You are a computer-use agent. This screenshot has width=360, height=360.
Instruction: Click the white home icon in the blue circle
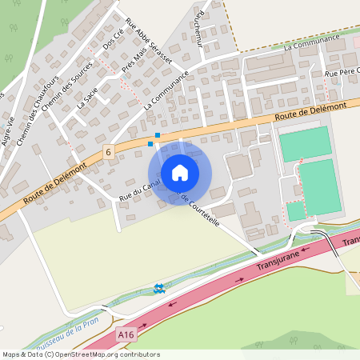pyautogui.click(x=180, y=172)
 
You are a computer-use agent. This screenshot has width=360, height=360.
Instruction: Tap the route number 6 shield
pyautogui.click(x=108, y=151)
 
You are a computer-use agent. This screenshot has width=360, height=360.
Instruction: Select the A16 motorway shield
pyautogui.click(x=124, y=334)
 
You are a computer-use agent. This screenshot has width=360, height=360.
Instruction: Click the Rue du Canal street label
pyautogui.click(x=135, y=189)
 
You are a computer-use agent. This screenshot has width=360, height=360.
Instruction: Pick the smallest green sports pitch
pyautogui.click(x=296, y=210)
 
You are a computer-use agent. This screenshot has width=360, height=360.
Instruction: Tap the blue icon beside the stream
pyautogui.click(x=158, y=288)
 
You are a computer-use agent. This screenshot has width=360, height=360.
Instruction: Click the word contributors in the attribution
pyautogui.click(x=138, y=354)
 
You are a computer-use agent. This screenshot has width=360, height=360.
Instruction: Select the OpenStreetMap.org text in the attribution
pyautogui.click(x=88, y=354)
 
